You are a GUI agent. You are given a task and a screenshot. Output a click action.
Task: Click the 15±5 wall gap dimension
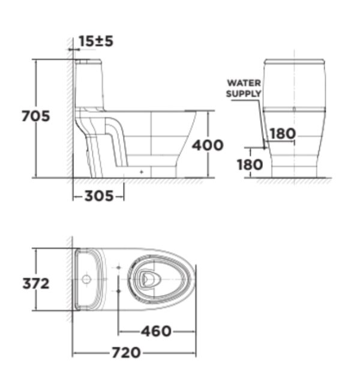tap(96, 41)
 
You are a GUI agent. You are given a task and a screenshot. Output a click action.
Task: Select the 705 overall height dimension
tap(35, 116)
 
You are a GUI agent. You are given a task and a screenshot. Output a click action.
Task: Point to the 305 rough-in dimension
tap(98, 196)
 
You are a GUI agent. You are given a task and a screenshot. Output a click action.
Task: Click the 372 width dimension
tap(36, 283)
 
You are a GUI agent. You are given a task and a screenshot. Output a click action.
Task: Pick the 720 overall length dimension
tap(127, 353)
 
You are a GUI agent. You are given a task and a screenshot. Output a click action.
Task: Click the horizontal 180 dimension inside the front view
tap(281, 133)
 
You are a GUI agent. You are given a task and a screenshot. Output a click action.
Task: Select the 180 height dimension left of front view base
tap(250, 164)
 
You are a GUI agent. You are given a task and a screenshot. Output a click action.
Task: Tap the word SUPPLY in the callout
tap(244, 93)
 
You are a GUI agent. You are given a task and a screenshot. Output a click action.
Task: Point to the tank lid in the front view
tap(294, 62)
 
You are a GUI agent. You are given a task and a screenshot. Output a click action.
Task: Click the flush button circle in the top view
tap(86, 279)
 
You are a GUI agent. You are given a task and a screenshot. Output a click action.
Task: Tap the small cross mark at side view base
tap(142, 172)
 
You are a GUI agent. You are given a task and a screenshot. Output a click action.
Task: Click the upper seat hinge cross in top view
tap(119, 266)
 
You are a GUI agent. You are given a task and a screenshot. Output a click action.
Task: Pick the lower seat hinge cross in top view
tap(119, 291)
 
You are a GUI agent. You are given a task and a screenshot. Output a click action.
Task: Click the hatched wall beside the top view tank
tap(70, 279)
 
